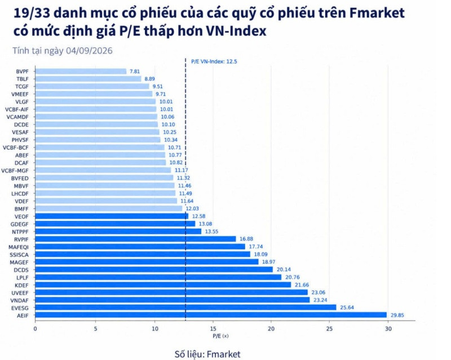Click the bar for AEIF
[x=211, y=315]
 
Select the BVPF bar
[x=81, y=72]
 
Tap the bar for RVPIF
[x=135, y=239]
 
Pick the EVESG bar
[x=185, y=308]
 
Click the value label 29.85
[x=397, y=315]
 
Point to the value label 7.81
[x=135, y=72]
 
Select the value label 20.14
[x=284, y=269]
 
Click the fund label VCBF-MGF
[x=15, y=171]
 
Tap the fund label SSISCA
[x=19, y=255]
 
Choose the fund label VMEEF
[x=20, y=94]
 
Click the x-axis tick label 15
[x=213, y=328]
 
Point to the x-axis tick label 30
[x=388, y=328]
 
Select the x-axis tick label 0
[x=35, y=328]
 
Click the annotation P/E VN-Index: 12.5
[x=214, y=61]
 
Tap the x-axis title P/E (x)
[x=220, y=336]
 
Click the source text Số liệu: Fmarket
[x=207, y=354]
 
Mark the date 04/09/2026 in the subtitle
[x=89, y=51]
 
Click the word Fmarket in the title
[x=377, y=13]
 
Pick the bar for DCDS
[x=154, y=269]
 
